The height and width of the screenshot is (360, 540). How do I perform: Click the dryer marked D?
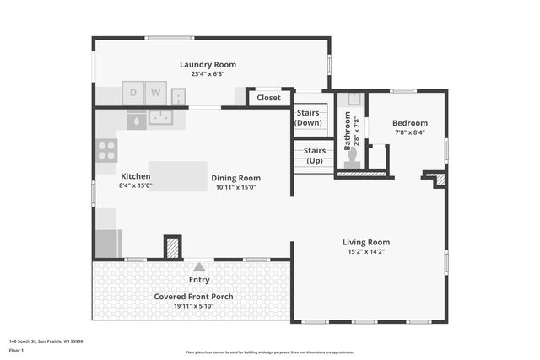[x=132, y=92]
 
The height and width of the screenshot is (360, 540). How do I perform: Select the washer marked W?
[x=155, y=92]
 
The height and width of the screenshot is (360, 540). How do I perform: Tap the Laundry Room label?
[x=208, y=64]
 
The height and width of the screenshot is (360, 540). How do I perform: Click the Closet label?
[x=268, y=98]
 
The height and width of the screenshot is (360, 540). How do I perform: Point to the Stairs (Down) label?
[x=309, y=118]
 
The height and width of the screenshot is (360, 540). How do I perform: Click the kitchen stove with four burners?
[x=106, y=150]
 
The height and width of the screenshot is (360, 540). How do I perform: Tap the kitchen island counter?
[x=177, y=175]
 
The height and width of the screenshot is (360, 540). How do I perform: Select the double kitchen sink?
[x=160, y=118]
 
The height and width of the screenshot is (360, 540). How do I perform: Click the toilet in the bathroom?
[x=353, y=160]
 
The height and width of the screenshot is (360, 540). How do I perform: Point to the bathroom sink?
[x=354, y=99]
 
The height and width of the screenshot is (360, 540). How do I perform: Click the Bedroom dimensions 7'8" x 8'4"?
[x=409, y=132]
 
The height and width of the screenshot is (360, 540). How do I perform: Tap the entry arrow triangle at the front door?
[x=199, y=266]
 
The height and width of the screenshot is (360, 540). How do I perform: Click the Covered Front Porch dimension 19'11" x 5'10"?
[x=193, y=306]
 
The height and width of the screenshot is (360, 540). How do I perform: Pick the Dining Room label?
[x=235, y=178]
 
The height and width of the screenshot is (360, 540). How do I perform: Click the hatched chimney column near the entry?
[x=172, y=247]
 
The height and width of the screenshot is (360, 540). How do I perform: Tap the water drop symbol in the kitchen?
[x=135, y=121]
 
